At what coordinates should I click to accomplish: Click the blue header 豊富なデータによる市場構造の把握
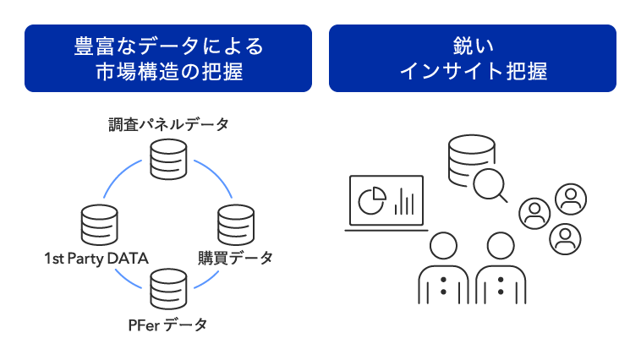tap(168, 57)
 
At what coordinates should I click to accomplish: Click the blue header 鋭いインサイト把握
tap(472, 57)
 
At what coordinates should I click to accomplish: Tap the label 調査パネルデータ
tap(168, 125)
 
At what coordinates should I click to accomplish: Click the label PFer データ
tap(167, 325)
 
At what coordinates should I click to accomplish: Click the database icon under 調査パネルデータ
tap(168, 158)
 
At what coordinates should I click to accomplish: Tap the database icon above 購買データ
tap(236, 224)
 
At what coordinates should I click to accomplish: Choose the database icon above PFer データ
tap(167, 290)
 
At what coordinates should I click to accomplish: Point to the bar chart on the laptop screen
tap(405, 202)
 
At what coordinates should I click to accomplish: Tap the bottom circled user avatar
tap(564, 238)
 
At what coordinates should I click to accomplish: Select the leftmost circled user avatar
tap(534, 213)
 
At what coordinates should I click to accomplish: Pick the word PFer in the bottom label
tap(143, 325)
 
